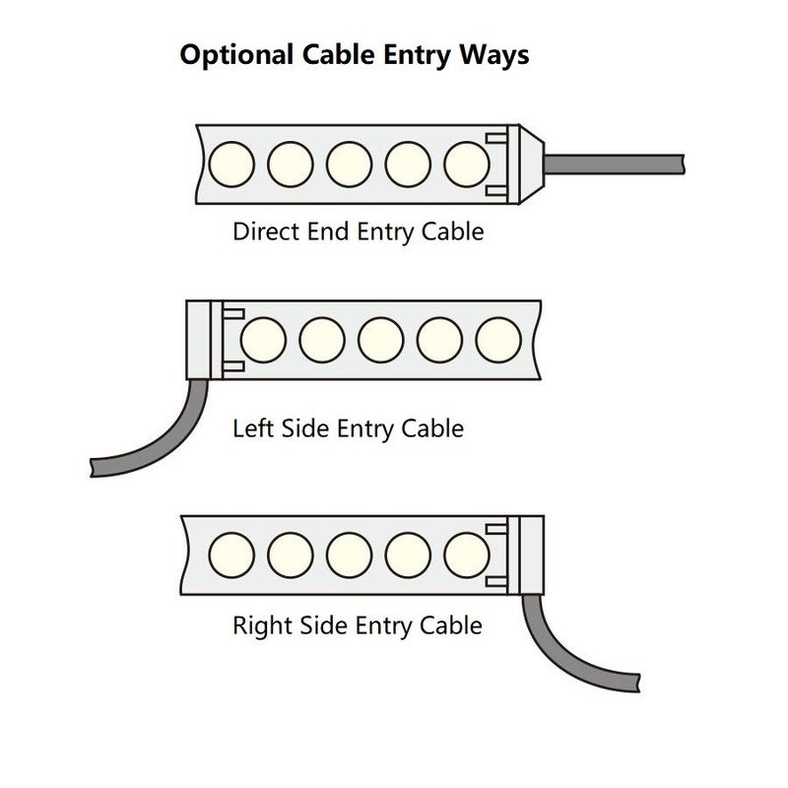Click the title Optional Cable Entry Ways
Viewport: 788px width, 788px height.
(354, 54)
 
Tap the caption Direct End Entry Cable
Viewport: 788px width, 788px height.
(358, 231)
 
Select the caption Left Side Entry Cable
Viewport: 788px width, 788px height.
(348, 428)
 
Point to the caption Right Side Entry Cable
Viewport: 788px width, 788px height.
(357, 624)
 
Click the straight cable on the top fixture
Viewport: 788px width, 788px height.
(616, 163)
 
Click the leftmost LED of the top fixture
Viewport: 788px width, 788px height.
(231, 163)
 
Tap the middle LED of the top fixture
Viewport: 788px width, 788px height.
(350, 163)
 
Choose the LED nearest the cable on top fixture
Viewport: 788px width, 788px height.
(467, 163)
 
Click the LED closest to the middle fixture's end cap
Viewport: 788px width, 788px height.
(262, 341)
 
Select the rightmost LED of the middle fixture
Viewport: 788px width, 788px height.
(498, 341)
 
